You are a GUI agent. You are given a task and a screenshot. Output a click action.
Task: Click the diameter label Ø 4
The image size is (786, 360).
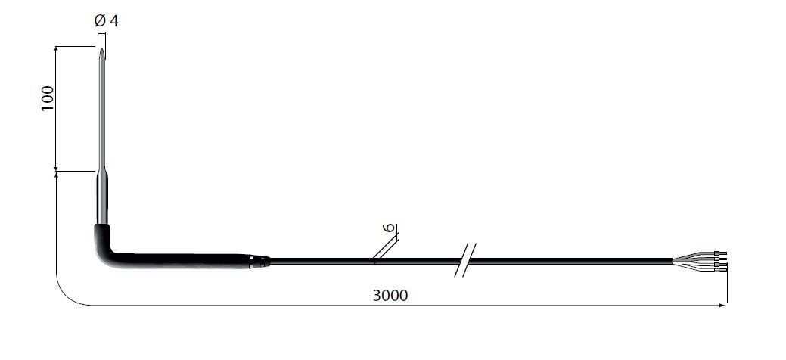106,21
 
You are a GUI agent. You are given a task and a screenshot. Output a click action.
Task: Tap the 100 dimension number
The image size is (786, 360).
47,98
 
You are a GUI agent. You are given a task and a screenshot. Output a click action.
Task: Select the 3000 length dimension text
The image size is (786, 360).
390,295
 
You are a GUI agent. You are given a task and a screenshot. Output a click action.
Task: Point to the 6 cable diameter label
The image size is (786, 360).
388,228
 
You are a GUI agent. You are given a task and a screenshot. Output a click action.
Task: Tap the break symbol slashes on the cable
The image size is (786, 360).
465,259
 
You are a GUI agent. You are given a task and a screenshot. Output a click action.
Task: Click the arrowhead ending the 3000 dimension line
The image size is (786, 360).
722,305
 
